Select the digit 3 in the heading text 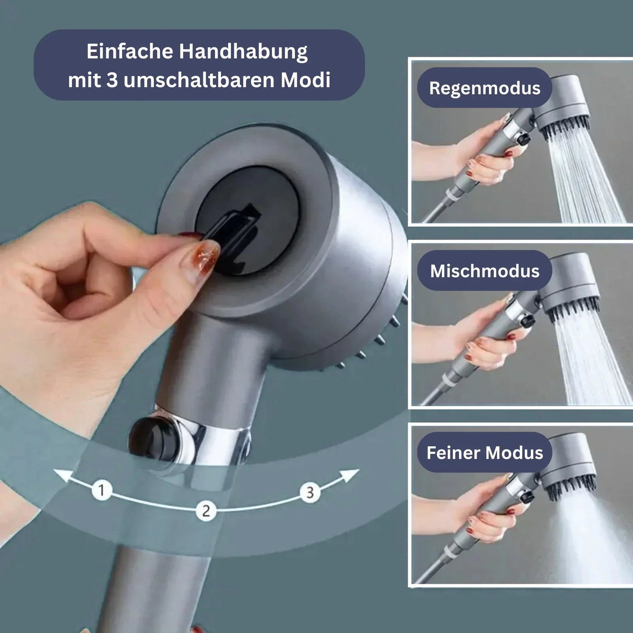coord(112,80)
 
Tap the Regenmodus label coord(484,88)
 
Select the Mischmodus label coord(484,271)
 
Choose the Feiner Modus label coord(484,453)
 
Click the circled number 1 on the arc coord(102,490)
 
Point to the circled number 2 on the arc coord(206,511)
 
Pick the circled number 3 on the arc coord(310,492)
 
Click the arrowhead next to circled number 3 coord(350,474)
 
